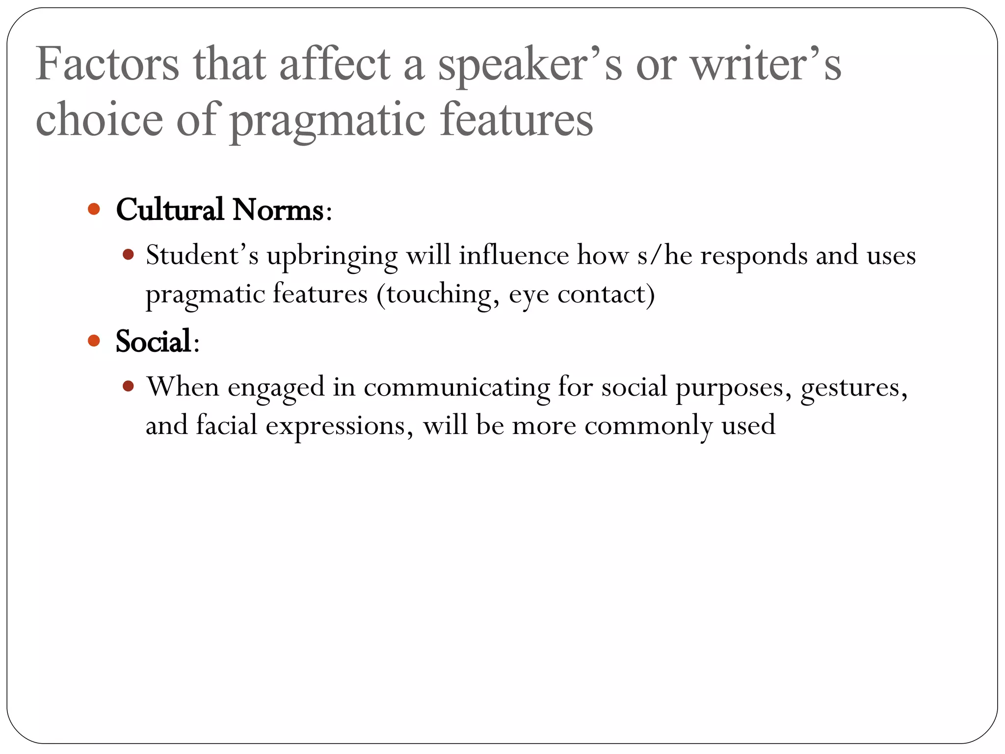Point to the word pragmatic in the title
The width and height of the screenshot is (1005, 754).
click(x=327, y=121)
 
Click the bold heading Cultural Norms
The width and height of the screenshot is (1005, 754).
click(x=219, y=210)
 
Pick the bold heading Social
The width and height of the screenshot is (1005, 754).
click(x=153, y=341)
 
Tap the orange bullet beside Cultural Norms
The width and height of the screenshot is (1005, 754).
click(x=94, y=210)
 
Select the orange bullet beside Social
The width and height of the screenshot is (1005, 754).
click(x=94, y=340)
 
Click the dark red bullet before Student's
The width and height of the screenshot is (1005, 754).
click(x=129, y=255)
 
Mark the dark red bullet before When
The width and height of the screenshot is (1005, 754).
click(x=129, y=386)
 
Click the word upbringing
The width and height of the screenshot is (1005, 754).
click(x=332, y=256)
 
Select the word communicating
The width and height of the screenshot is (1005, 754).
click(x=457, y=387)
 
